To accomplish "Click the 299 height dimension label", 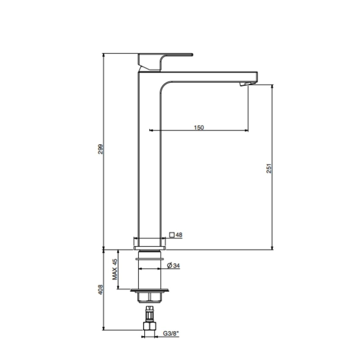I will click(x=101, y=149).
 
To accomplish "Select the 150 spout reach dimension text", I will click(x=199, y=127).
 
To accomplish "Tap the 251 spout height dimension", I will click(x=269, y=168).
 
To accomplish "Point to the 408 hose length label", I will click(x=101, y=289).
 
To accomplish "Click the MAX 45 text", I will click(x=115, y=269).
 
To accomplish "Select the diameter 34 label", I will click(x=173, y=266).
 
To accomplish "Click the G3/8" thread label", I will click(x=170, y=333).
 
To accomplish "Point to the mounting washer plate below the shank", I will click(x=149, y=290).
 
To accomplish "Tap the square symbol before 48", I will click(x=172, y=235).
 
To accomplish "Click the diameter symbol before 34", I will click(x=170, y=266).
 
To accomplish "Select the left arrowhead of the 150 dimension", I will click(x=151, y=130).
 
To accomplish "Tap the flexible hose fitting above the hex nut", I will click(x=149, y=313).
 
